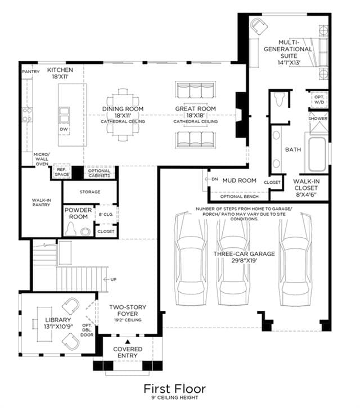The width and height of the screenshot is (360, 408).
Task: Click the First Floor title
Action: click(x=174, y=389)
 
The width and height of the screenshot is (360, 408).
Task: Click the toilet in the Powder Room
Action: click(x=71, y=229)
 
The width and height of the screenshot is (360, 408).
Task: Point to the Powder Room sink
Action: click(x=85, y=232)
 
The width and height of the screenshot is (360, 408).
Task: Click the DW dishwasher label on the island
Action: click(x=64, y=129)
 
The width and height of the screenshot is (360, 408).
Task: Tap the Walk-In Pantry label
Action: click(x=42, y=202)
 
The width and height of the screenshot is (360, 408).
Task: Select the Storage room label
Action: click(x=90, y=192)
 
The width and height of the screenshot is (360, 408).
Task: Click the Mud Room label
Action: click(x=240, y=180)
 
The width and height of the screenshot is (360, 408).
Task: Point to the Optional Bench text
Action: click(x=240, y=197)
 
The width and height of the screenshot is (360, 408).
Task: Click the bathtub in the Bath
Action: click(x=317, y=154)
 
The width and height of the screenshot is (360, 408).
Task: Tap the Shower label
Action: click(x=318, y=119)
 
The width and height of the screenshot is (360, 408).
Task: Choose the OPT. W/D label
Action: click(x=319, y=99)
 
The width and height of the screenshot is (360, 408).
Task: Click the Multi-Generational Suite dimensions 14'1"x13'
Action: click(x=289, y=63)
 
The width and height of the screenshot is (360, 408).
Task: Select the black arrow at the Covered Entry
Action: click(x=127, y=342)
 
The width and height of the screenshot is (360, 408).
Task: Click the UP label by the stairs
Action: click(x=113, y=279)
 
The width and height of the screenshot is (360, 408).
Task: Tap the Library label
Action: click(x=58, y=320)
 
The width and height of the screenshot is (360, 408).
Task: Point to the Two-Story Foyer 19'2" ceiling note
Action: click(x=128, y=320)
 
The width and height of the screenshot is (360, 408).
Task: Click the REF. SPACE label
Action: click(x=62, y=172)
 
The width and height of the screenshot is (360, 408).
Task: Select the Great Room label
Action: click(x=195, y=109)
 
